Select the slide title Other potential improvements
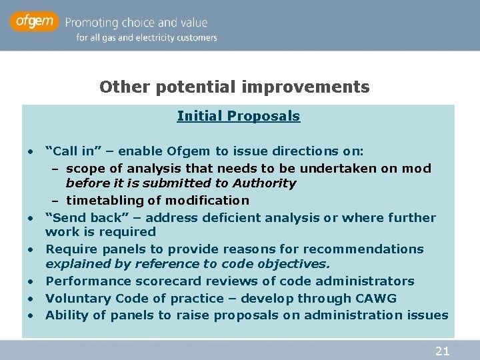pyautogui.click(x=234, y=87)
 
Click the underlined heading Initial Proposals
pyautogui.click(x=238, y=116)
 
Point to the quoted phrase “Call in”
pyautogui.click(x=69, y=151)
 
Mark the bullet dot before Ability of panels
pyautogui.click(x=31, y=316)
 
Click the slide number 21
pyautogui.click(x=442, y=351)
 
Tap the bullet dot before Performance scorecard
pyautogui.click(x=31, y=282)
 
